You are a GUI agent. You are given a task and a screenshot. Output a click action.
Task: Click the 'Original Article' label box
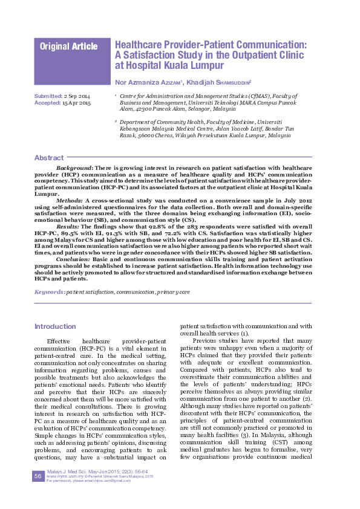point(68,47)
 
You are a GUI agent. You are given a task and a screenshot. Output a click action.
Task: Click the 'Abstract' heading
point(48,158)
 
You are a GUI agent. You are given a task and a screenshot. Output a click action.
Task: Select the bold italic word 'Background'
point(73,166)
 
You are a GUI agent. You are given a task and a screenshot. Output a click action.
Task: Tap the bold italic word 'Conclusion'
point(73,258)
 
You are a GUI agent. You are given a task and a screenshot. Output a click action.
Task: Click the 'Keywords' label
point(49,291)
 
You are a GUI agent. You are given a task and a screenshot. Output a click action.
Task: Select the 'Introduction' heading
point(55,326)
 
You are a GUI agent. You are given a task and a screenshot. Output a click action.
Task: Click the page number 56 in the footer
point(38,477)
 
